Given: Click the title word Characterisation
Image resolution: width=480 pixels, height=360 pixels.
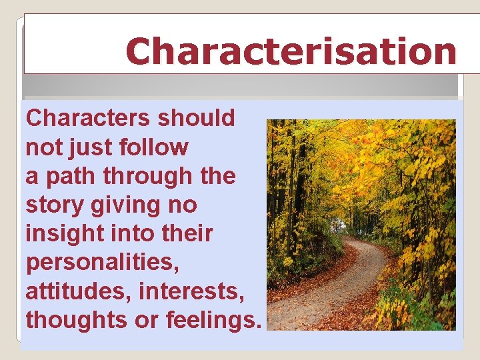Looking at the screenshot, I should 291,51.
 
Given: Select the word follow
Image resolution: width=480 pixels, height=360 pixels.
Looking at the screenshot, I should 157,147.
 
